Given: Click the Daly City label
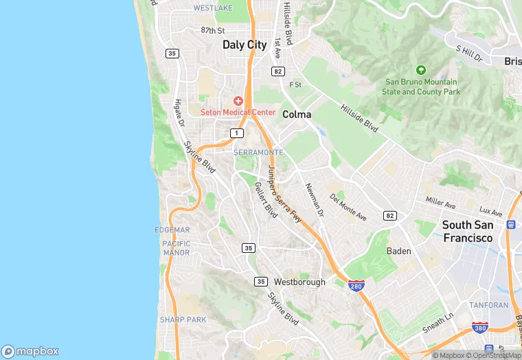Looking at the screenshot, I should click(245, 45).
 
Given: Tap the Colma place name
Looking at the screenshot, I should click(297, 115).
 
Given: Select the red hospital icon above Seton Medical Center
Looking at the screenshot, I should click(238, 101).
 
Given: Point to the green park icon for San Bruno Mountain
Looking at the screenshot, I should click(421, 69).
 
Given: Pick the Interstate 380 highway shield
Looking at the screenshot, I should click(480, 328).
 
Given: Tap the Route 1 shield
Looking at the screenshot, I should click(237, 133).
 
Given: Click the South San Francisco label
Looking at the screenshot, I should click(467, 231).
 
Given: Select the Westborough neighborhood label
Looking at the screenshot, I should click(299, 282).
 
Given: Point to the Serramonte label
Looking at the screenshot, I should click(258, 152).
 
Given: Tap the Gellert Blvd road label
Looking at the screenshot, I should click(265, 200).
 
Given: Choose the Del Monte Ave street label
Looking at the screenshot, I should click(348, 207).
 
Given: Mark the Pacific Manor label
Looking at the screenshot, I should click(177, 248).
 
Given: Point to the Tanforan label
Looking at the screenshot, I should click(488, 304).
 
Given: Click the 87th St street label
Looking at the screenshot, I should click(213, 31).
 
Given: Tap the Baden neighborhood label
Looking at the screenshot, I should click(399, 251).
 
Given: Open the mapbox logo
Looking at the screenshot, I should click(30, 350).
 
